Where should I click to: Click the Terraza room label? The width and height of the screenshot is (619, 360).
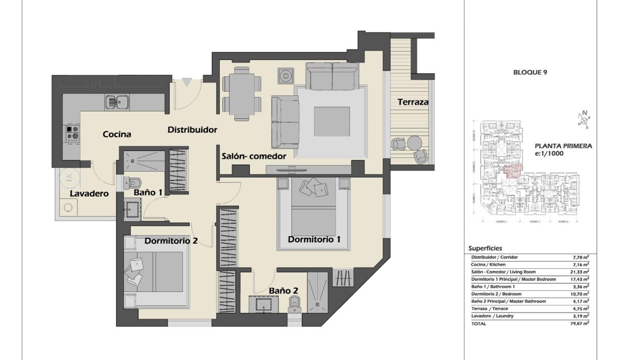[x=413, y=102]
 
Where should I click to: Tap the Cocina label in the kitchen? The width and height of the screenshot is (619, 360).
[x=117, y=134]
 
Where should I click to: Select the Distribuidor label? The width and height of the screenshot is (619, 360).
[x=192, y=130]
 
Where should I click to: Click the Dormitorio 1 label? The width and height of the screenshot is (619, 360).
[x=314, y=239]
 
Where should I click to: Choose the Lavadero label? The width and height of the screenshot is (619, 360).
[x=89, y=194]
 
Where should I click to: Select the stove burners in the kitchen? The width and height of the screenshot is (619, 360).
[x=72, y=133]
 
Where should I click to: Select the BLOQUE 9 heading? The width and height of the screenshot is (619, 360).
[x=530, y=73]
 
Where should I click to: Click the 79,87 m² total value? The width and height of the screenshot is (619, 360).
[x=580, y=323]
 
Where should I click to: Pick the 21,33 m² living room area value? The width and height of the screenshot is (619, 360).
[x=580, y=272]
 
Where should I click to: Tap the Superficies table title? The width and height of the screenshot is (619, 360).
[x=485, y=248]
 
